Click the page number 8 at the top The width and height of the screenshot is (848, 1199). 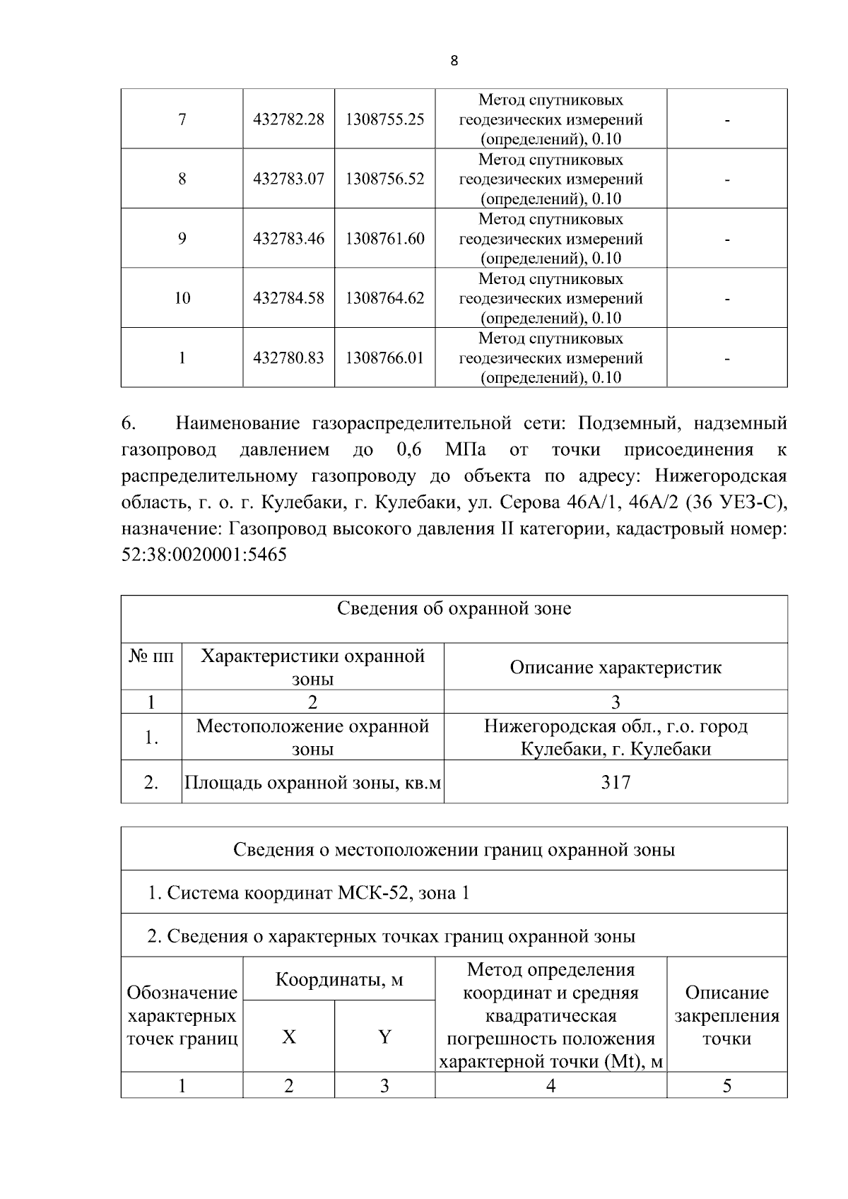pos(454,61)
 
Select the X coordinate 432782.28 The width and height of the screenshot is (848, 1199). pos(288,119)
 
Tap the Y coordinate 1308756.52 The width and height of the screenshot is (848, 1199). pos(384,179)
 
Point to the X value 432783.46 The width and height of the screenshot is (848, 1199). pos(288,239)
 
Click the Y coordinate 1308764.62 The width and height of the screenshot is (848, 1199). pos(384,298)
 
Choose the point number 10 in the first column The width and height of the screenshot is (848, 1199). pos(182,298)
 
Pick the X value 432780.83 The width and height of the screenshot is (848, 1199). pos(288,358)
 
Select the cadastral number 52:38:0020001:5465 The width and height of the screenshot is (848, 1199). pos(204,555)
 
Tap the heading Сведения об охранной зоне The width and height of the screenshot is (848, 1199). pos(454,608)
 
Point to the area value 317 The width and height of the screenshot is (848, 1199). pos(616,782)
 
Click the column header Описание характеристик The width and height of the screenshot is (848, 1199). pos(616,668)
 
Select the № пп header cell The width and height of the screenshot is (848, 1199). pos(151,656)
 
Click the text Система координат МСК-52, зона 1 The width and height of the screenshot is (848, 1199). pos(309,893)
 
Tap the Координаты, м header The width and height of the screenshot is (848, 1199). pos(339,980)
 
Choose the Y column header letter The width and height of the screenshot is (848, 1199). pos(384,1037)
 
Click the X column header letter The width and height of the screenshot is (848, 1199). pos(289,1037)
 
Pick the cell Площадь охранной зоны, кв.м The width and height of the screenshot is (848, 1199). pos(312,783)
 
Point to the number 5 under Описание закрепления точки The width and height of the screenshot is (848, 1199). pos(726,1086)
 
